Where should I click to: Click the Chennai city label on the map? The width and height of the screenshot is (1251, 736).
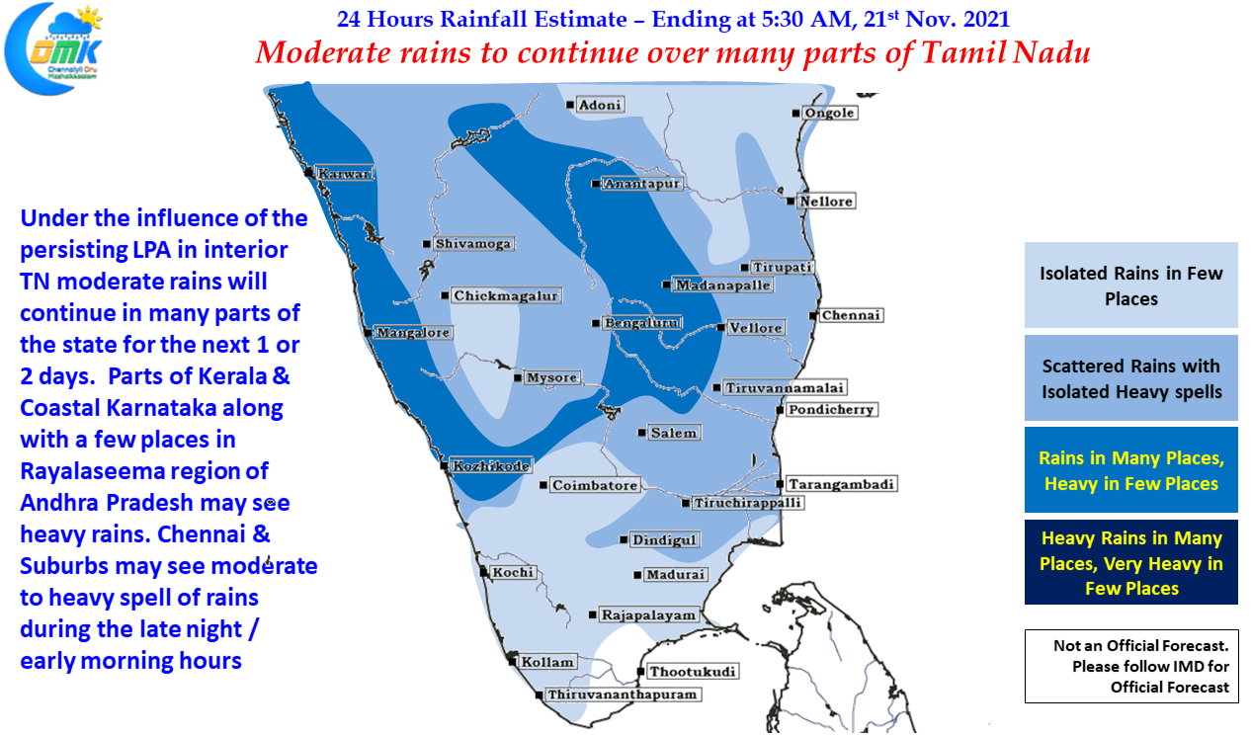[851, 315]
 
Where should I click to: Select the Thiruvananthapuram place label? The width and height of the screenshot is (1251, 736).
[623, 695]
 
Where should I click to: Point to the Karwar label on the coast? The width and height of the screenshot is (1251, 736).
[344, 173]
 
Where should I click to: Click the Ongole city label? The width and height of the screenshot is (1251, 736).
[829, 113]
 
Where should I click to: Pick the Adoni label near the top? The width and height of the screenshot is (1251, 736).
[600, 105]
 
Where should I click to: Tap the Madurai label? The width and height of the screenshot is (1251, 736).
[676, 574]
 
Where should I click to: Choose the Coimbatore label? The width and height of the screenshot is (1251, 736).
[595, 485]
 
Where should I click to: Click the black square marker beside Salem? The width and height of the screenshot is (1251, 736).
[641, 433]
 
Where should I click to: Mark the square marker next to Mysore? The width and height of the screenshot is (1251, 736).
[518, 378]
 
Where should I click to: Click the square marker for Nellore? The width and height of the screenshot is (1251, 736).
[791, 201]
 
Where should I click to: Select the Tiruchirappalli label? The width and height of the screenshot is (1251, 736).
[748, 503]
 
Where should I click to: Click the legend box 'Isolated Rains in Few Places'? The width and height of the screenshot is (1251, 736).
[1130, 285]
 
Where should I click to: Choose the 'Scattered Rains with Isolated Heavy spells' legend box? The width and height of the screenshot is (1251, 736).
[1130, 377]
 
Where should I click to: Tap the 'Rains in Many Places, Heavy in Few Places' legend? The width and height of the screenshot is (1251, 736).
[1130, 469]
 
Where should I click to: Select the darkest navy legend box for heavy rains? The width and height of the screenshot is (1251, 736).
[1130, 562]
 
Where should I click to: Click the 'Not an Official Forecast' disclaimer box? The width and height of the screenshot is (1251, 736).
[1130, 666]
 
